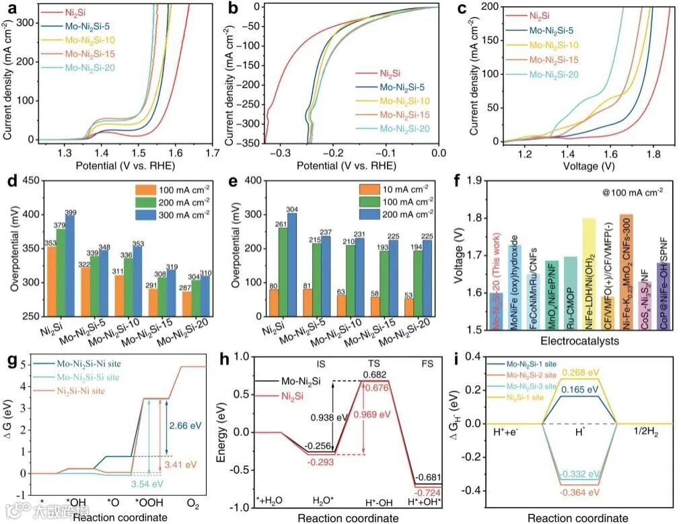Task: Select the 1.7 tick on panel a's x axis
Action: coord(213,154)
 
